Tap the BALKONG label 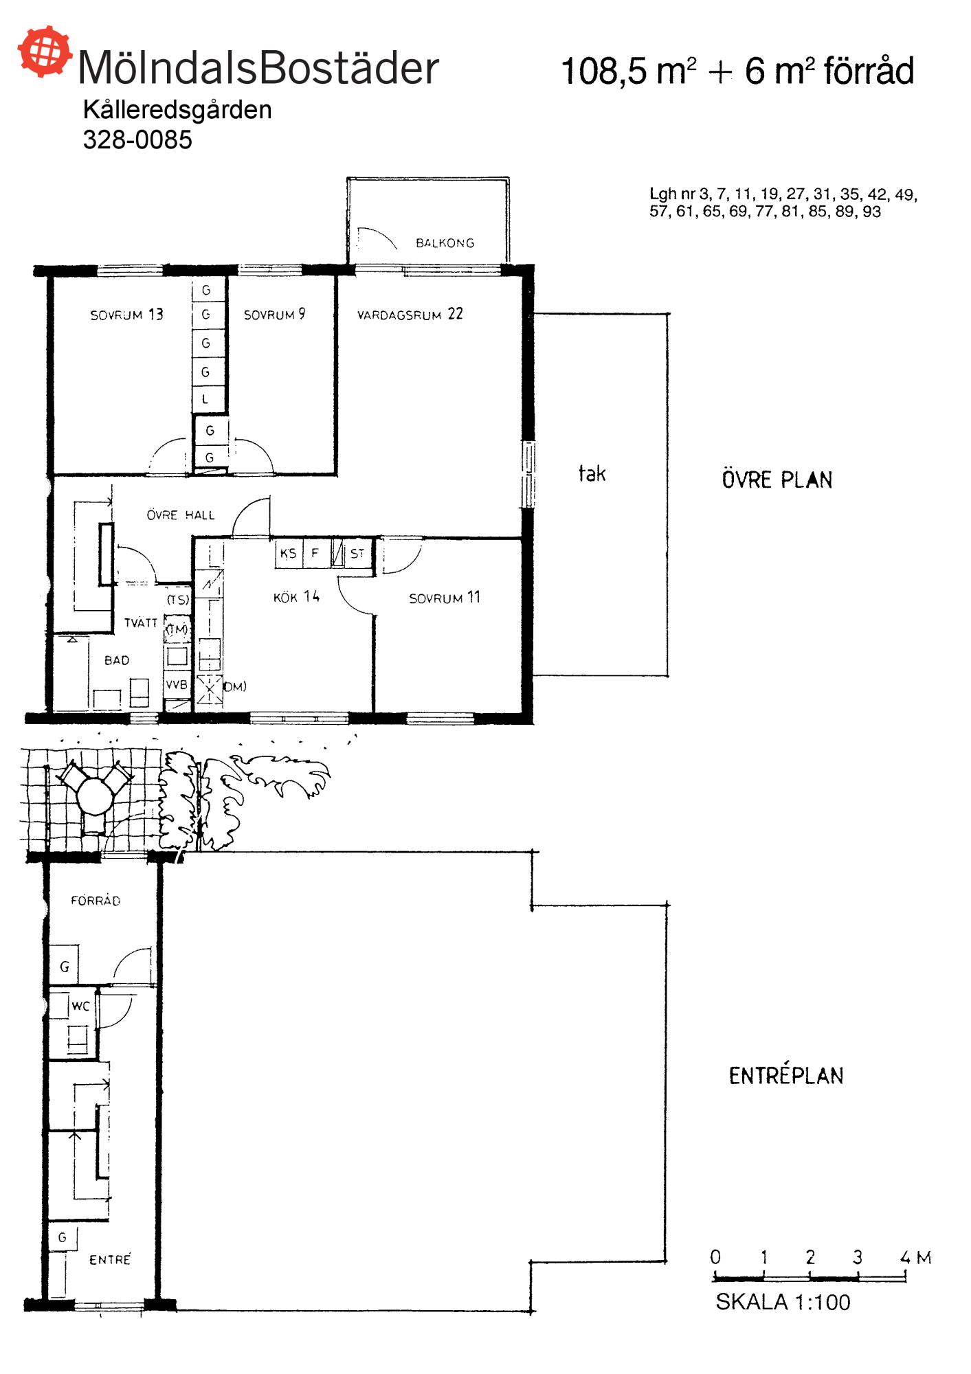(x=445, y=243)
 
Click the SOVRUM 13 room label (x=127, y=315)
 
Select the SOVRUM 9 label (x=274, y=315)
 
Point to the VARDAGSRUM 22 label (x=410, y=315)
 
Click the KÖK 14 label (x=296, y=597)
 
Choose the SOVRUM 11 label (x=445, y=598)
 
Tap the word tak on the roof (x=592, y=473)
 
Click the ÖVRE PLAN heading (x=777, y=480)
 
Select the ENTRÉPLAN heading (x=786, y=1075)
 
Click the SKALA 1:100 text (x=783, y=1302)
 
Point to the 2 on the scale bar (x=810, y=1257)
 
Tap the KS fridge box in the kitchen (x=289, y=554)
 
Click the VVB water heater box (x=177, y=685)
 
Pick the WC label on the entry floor (x=80, y=1006)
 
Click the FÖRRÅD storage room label (x=96, y=901)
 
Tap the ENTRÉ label (x=110, y=1259)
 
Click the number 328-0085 (x=137, y=139)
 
